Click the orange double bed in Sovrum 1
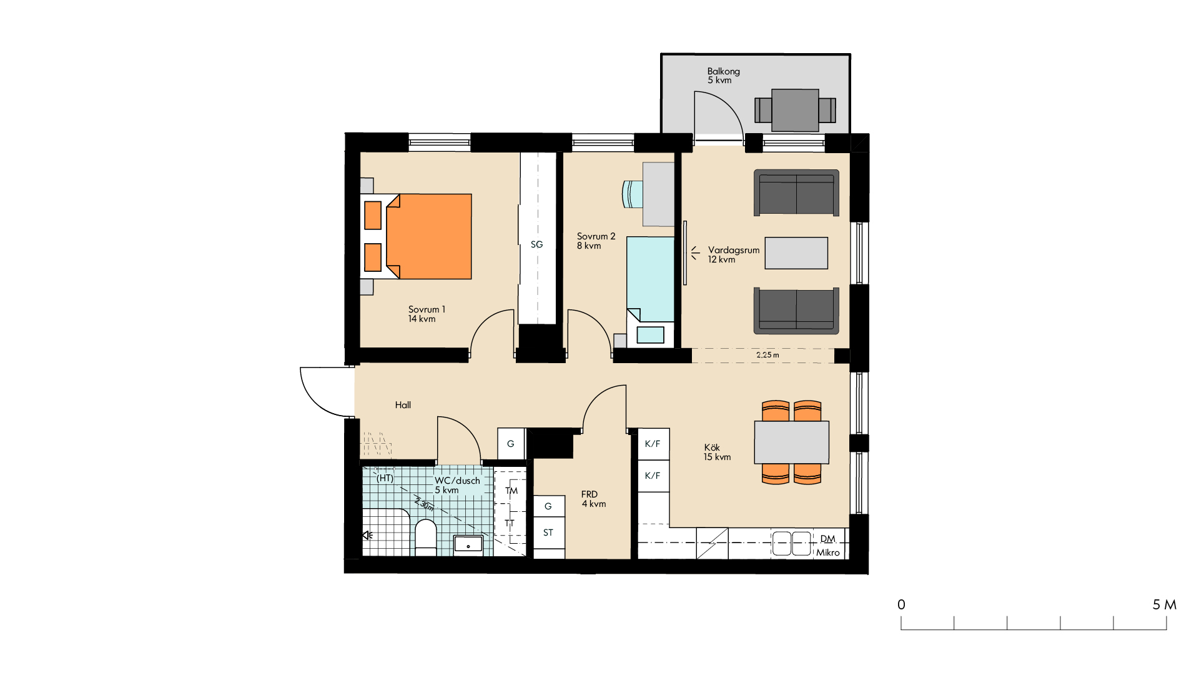tap(417, 236)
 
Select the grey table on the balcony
tap(795, 110)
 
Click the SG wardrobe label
tap(537, 244)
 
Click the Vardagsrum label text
tap(734, 250)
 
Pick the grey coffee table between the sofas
tap(796, 253)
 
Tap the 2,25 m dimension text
tap(767, 355)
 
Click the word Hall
tap(403, 405)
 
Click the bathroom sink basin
tap(468, 545)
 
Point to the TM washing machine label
tap(511, 491)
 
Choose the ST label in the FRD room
tap(548, 532)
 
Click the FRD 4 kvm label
tap(593, 499)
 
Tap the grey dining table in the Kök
tap(791, 442)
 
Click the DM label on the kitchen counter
tap(827, 539)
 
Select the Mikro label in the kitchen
tap(828, 552)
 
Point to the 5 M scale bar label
tap(1165, 604)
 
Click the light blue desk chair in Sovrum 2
tap(633, 194)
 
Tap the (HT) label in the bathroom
tap(385, 478)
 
